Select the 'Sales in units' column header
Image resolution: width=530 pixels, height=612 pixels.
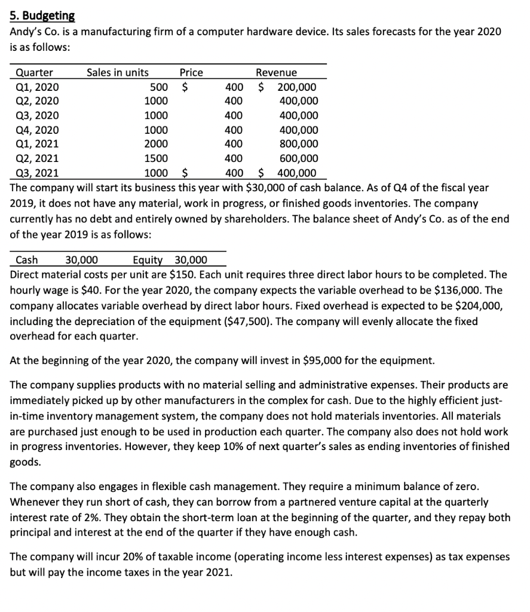(118, 72)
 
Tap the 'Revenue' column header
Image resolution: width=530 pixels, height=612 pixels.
(276, 72)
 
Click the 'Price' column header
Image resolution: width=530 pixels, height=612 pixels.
(191, 72)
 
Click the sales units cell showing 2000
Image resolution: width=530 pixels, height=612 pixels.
(157, 144)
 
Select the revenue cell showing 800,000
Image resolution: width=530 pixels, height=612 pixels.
(299, 144)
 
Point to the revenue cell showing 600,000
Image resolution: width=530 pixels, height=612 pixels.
(299, 158)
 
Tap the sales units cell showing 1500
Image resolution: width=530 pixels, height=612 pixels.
(157, 158)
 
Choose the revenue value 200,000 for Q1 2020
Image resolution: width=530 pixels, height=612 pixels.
(297, 87)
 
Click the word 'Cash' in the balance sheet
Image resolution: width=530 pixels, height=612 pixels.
(26, 260)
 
